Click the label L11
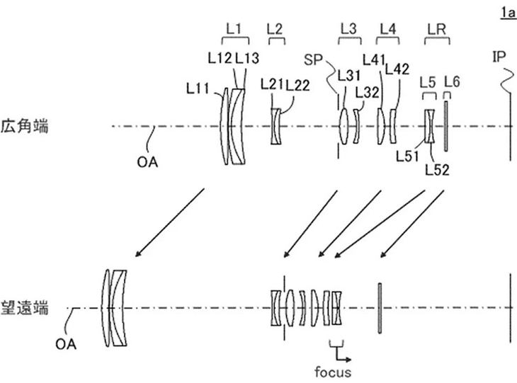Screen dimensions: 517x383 pos(198,88)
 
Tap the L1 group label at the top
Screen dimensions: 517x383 pos(234,29)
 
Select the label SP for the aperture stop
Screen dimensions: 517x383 pos(313,60)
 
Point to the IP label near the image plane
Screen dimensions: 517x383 pos(499,57)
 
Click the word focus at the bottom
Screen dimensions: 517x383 pos(333,372)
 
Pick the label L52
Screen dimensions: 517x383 pos(437,170)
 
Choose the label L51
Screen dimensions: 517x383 pos(407,156)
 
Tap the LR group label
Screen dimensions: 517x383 pos(437,29)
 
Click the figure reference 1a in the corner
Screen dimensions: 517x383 pos(508,13)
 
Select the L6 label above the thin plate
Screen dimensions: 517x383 pos(452,81)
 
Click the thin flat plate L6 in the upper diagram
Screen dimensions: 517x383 pos(445,126)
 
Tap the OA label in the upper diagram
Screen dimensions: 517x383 pos(147,162)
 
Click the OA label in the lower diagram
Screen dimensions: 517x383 pos(66,345)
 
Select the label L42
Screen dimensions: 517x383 pos(397,69)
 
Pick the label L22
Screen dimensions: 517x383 pos(297,86)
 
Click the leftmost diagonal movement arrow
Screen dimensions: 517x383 pos(170,222)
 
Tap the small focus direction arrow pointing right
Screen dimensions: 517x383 pos(343,356)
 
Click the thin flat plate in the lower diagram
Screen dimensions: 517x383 pos(380,308)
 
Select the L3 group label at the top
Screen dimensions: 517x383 pos(348,29)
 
